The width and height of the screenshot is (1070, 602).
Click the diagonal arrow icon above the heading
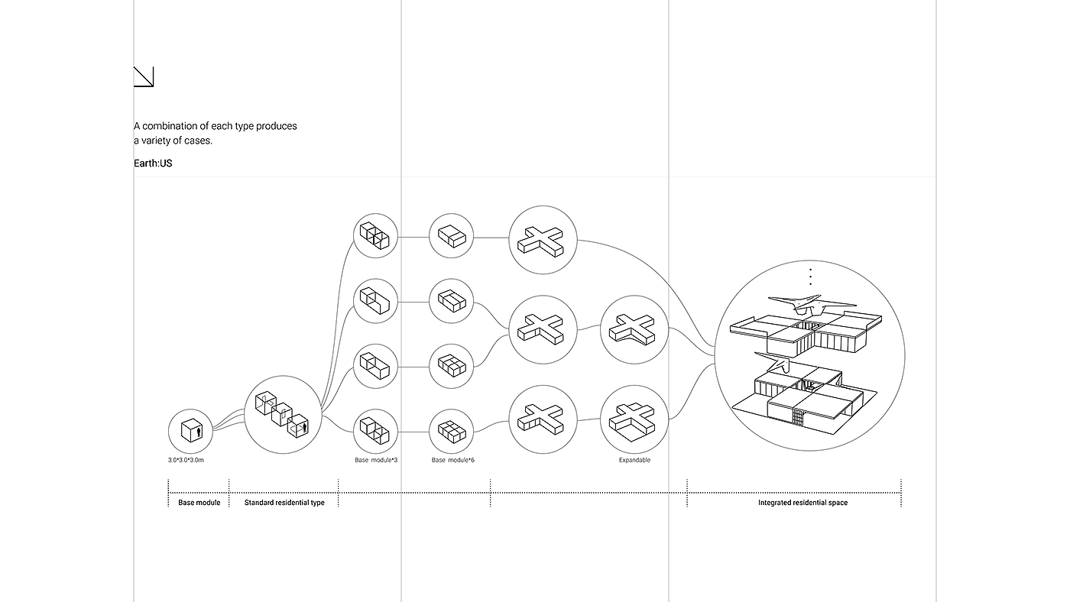[144, 76]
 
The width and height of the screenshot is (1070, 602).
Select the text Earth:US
[153, 163]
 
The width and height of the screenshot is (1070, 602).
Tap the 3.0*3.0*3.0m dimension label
[186, 460]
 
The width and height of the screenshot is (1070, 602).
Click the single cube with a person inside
[190, 430]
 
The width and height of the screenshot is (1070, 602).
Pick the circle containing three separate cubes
[283, 414]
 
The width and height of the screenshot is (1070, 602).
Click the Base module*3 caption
[376, 460]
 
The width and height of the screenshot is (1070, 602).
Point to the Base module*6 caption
[452, 460]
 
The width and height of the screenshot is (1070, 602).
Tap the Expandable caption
[634, 460]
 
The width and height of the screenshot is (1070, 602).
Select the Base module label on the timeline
[199, 503]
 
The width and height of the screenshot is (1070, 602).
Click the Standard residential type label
[284, 503]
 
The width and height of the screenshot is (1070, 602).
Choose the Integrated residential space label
[803, 503]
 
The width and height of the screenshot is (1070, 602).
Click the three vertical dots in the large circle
[810, 277]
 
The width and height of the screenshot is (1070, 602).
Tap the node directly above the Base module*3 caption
[375, 432]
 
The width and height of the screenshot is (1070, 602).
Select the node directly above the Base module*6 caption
[452, 432]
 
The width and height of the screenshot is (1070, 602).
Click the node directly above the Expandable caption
[634, 419]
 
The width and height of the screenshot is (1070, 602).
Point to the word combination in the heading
[170, 126]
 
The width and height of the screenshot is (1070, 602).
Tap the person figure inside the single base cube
[199, 432]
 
